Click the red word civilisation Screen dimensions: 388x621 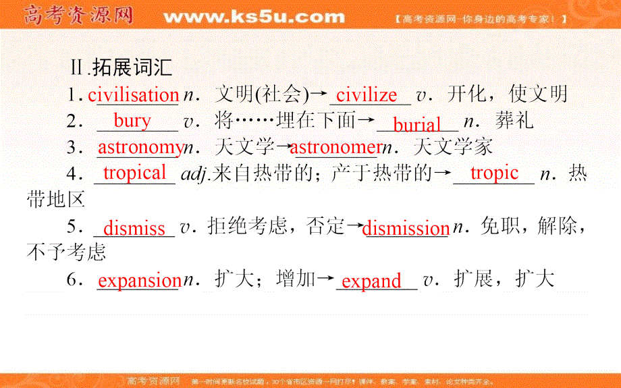point(133,95)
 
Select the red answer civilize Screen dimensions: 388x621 point(367,95)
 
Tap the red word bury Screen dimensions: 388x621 point(132,121)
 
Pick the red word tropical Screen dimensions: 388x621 point(135,173)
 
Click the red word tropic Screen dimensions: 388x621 point(494,173)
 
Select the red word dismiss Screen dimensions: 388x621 point(134,228)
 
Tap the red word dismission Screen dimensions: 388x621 point(406,228)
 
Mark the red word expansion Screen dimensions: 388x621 point(138,281)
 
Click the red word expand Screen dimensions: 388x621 point(371,281)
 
